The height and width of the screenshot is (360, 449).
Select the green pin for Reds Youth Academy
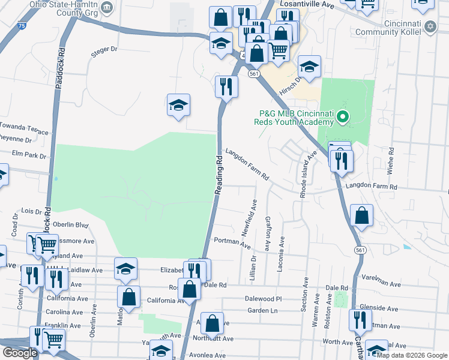pos(343,116)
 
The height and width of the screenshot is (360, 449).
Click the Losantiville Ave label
pos(307,4)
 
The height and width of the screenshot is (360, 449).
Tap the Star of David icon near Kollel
pos(430,27)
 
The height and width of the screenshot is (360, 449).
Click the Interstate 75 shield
pos(22,26)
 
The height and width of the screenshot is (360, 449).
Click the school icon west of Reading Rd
pos(178,106)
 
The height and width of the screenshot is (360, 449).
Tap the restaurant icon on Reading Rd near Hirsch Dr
pos(226,86)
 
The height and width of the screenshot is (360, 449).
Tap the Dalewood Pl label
pos(263,298)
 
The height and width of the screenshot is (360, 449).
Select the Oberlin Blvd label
pos(70,225)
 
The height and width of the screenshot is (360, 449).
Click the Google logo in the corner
pos(19,353)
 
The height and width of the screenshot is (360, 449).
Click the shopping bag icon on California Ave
pos(129,296)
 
